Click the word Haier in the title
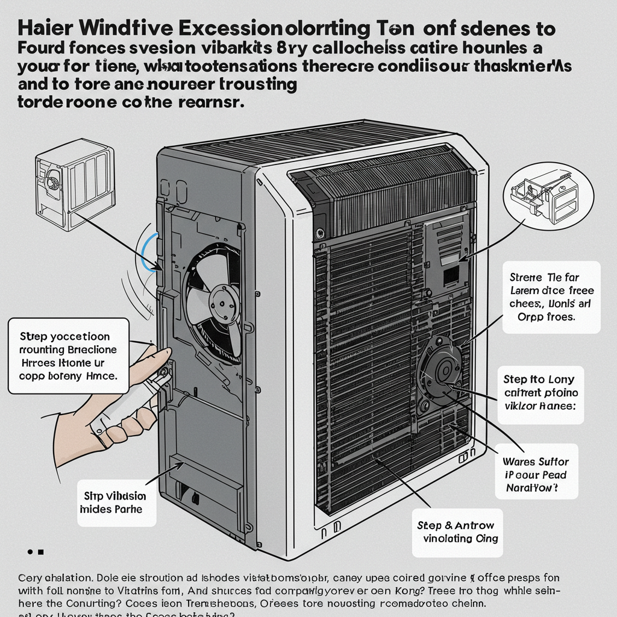click(x=46, y=29)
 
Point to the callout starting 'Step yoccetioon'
click(x=68, y=355)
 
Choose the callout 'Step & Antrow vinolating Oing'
click(x=457, y=531)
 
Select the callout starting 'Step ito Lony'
click(x=539, y=393)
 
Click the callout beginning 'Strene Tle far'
click(x=550, y=296)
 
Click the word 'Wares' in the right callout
click(x=519, y=462)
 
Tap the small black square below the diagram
click(x=41, y=552)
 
